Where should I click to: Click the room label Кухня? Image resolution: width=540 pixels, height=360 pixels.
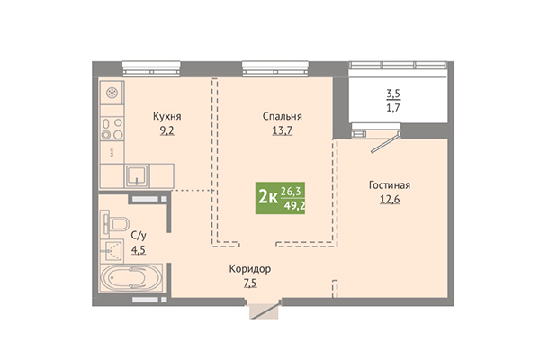(167, 116)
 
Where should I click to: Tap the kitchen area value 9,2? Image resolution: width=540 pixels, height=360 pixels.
(167, 130)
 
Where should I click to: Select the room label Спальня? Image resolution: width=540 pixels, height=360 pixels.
(283, 116)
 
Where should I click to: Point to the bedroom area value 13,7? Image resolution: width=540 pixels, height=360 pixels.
(283, 130)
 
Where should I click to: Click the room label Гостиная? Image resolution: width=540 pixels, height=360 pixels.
(390, 185)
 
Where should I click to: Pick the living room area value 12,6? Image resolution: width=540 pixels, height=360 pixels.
(390, 200)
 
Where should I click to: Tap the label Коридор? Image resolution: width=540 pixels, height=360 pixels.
(250, 269)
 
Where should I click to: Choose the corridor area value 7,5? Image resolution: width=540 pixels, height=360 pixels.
(250, 283)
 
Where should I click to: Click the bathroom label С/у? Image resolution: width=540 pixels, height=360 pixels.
(139, 236)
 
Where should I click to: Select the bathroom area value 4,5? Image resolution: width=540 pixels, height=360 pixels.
(139, 250)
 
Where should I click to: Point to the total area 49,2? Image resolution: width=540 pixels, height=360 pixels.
(295, 206)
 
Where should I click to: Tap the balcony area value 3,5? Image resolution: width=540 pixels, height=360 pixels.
(393, 94)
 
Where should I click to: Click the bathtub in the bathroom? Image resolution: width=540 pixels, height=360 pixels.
(131, 278)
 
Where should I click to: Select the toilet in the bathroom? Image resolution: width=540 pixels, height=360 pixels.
(116, 224)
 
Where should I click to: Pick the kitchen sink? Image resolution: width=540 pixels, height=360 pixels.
(137, 176)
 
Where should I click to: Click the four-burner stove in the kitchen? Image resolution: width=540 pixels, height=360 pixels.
(112, 129)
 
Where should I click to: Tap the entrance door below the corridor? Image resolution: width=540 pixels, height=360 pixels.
(264, 310)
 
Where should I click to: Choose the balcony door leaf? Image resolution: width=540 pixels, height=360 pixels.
(385, 142)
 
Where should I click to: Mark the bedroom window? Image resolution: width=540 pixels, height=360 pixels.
(275, 68)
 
